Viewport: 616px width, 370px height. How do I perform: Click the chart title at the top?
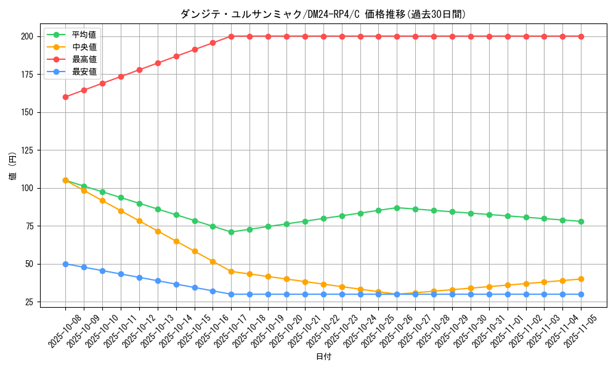323,14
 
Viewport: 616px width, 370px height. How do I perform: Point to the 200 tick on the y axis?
26,36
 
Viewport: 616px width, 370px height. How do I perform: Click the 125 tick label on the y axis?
26,150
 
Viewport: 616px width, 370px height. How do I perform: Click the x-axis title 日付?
323,357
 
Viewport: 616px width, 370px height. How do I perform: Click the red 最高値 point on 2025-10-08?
65,97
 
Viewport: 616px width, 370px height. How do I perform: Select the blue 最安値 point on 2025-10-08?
65,264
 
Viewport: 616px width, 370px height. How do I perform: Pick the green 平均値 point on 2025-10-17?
231,232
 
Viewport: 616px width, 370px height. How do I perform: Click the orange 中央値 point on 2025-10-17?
231,271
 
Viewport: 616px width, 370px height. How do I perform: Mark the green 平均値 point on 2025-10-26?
397,208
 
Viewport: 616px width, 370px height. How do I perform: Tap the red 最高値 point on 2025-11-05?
581,36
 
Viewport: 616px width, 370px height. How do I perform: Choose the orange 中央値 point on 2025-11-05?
581,279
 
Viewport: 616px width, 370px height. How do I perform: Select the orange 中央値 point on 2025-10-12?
139,221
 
